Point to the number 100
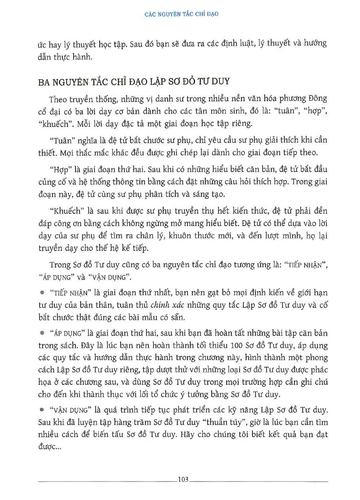click(236, 346)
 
